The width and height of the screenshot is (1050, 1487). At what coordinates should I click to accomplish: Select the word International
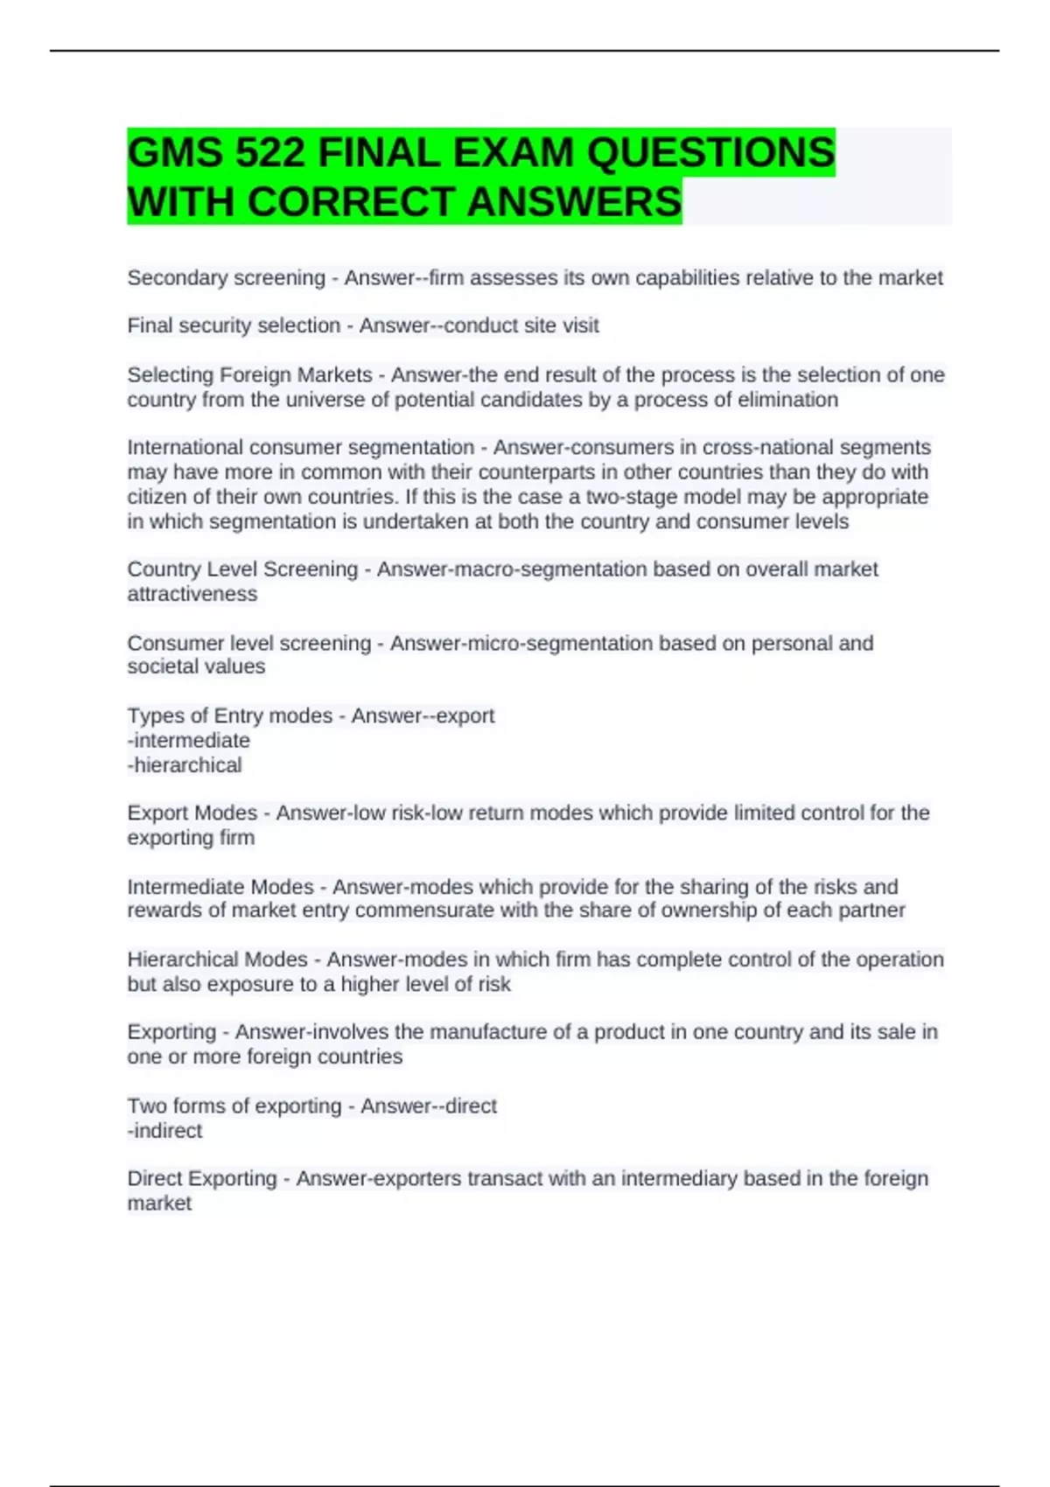pos(185,448)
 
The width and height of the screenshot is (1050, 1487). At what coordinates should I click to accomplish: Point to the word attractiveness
pos(192,594)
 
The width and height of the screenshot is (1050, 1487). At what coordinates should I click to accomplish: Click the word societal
pos(164,667)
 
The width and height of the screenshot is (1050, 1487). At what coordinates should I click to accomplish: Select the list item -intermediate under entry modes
pos(189,741)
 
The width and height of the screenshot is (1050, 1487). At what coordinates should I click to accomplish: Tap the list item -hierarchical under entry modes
pos(185,765)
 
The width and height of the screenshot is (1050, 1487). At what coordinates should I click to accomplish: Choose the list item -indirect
pos(164,1131)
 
